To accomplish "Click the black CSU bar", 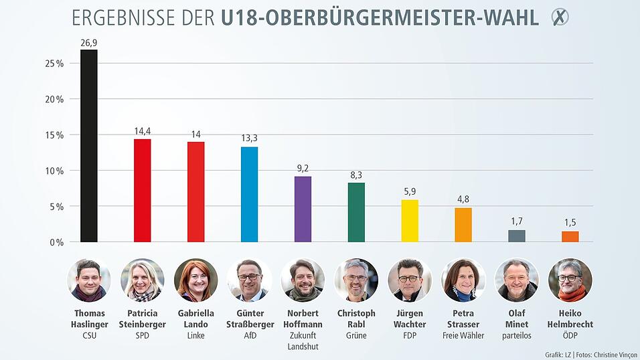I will click(x=89, y=146).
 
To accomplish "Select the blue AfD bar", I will click(x=249, y=194).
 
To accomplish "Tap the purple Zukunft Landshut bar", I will click(x=303, y=209).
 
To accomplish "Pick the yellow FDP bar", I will click(x=410, y=221).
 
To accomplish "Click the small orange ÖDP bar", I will click(x=570, y=236).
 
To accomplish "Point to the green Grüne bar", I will click(x=356, y=212).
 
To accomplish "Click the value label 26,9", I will click(x=89, y=43).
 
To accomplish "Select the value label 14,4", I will click(x=142, y=132).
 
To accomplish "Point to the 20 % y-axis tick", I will click(x=54, y=99).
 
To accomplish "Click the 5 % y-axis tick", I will click(x=56, y=206).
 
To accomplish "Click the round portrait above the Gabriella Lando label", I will click(x=195, y=280).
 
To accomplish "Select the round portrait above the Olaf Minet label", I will click(x=516, y=280).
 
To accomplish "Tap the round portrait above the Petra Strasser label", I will click(x=463, y=280).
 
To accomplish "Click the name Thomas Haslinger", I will click(x=89, y=319).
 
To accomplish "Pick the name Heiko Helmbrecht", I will click(x=570, y=319).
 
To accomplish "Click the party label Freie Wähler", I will click(x=463, y=335).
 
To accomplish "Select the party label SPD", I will click(x=142, y=335).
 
